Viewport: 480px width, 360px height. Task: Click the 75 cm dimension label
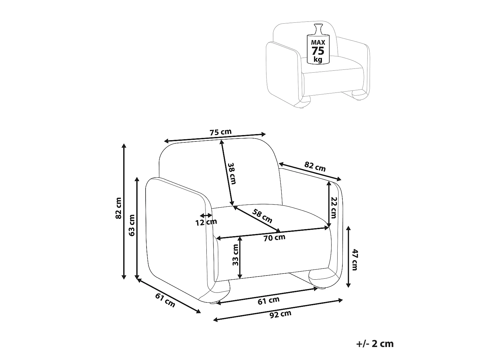(x=220, y=132)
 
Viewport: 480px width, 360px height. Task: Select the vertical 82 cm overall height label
(x=118, y=208)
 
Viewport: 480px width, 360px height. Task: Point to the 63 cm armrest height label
(x=132, y=225)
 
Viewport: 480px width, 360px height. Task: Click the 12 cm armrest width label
(x=206, y=222)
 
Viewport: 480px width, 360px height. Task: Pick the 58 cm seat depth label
(x=262, y=216)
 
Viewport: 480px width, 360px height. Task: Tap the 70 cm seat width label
(x=274, y=237)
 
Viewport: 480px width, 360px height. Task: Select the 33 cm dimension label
(x=235, y=255)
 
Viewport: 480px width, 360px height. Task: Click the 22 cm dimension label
(x=334, y=208)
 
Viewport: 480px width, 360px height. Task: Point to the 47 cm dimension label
(x=354, y=260)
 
